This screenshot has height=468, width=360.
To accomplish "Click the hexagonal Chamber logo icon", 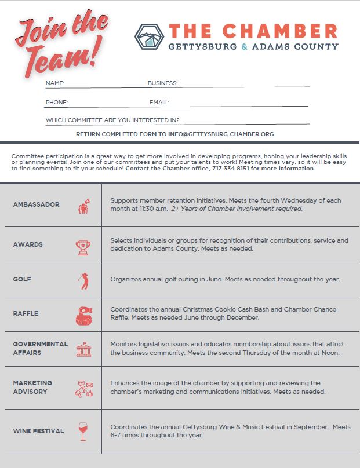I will [x=149, y=36].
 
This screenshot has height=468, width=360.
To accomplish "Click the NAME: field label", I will [x=55, y=83].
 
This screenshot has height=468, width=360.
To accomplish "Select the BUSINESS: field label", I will [x=162, y=83].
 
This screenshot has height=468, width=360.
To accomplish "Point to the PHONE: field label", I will [x=57, y=103].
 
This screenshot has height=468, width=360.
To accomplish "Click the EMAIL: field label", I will [x=159, y=103].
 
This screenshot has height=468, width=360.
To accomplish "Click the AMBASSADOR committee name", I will [x=36, y=204].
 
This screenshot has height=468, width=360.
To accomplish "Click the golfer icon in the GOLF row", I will [x=83, y=281].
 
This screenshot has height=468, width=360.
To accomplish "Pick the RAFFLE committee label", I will [x=26, y=313].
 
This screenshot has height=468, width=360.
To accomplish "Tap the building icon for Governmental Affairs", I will [x=83, y=349].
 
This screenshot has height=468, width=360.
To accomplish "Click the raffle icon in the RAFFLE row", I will [x=83, y=315].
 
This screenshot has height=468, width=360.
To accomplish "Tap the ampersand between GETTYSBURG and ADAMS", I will [x=244, y=46].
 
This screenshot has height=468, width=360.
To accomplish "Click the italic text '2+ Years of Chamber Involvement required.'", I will [x=237, y=209].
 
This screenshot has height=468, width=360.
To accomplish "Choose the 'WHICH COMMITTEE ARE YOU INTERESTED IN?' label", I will [x=112, y=120].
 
